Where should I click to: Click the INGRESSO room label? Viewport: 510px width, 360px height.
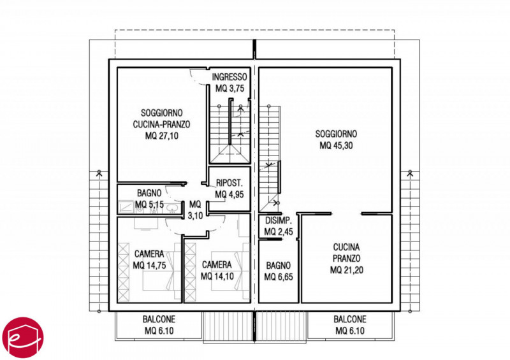click(229, 77)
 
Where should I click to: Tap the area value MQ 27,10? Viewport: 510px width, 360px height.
click(162, 136)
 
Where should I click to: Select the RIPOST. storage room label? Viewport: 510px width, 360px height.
click(229, 183)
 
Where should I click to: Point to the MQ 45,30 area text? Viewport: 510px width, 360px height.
click(336, 145)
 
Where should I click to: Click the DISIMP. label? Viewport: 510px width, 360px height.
click(279, 220)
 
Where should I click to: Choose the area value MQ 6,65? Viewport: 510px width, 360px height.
click(279, 277)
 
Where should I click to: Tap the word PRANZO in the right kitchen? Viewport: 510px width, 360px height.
click(346, 259)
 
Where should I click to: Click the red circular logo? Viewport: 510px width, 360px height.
click(23, 338)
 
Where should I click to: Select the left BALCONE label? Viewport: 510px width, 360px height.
click(159, 319)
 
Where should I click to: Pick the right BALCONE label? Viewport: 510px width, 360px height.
click(350, 319)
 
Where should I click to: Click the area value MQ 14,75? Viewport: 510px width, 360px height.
click(150, 265)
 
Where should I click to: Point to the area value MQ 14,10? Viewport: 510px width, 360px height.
click(217, 277)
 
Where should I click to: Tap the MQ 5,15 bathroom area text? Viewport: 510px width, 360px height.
click(149, 205)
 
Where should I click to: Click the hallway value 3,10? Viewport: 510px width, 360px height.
click(196, 215)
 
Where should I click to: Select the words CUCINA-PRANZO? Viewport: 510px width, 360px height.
click(162, 124)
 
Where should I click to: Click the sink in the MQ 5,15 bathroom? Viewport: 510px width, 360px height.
click(171, 208)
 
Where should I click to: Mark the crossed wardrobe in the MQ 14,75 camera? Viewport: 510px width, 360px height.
click(123, 272)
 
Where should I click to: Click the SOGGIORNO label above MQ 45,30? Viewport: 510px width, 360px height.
click(336, 134)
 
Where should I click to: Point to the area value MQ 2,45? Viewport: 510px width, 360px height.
click(279, 232)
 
